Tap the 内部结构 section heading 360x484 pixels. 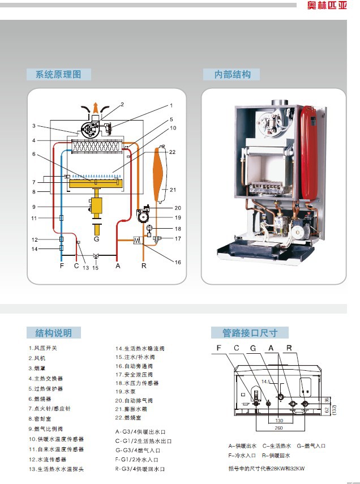click(232, 74)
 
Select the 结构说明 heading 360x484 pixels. click(53, 333)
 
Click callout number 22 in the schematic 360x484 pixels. click(173, 152)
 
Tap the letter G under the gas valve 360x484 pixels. click(97, 238)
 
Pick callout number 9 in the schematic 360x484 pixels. click(34, 207)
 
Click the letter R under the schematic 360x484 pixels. click(144, 265)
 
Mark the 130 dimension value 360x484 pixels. click(278, 421)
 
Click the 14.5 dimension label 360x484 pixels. click(266, 382)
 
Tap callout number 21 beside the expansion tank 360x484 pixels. click(173, 190)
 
